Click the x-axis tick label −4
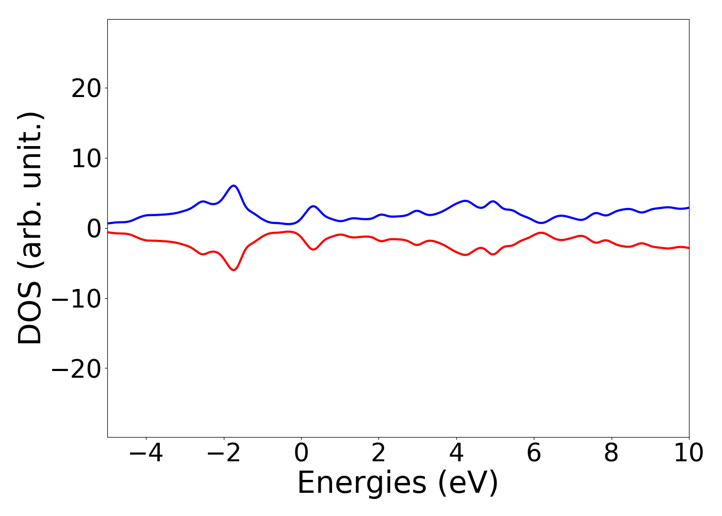[x=146, y=454]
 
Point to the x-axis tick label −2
[x=223, y=454]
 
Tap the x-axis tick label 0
[x=301, y=454]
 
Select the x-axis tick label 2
[x=379, y=454]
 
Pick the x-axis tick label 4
[x=456, y=454]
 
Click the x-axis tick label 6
[x=534, y=454]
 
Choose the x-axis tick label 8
[x=611, y=454]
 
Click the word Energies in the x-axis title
[x=362, y=483]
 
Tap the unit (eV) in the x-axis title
[x=468, y=483]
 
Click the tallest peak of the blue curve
[x=234, y=185]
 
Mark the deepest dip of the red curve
[x=234, y=270]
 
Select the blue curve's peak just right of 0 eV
[x=313, y=206]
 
